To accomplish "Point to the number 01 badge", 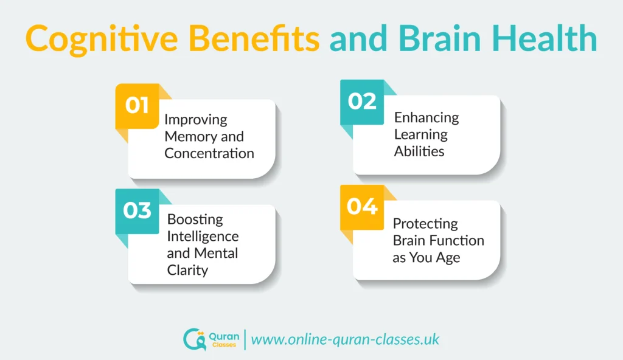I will point(137,106).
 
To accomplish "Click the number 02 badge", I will point(363,102).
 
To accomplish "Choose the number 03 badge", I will point(137,211).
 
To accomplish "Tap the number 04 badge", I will point(363,207).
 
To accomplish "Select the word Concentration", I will point(209,153).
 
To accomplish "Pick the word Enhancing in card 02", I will point(426,117).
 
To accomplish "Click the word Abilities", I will point(419,151).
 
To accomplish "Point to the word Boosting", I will point(195,219).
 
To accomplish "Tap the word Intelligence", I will point(203,236).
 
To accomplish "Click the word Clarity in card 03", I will point(187,270).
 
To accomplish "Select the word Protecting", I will point(425,223).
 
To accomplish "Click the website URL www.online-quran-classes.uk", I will point(345,339).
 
